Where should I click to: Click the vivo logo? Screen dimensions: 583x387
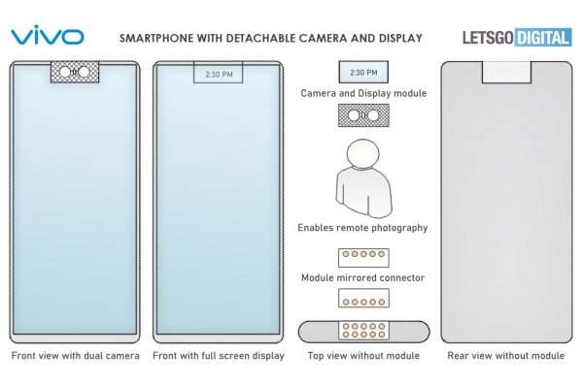[48, 35]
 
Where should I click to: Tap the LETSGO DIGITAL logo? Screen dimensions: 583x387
[517, 38]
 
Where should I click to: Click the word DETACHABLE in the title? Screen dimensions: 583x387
[260, 38]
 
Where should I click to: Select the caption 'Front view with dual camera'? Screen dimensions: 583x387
[76, 355]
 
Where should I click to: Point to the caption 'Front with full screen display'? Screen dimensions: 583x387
[219, 355]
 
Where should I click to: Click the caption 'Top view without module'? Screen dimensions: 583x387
[363, 355]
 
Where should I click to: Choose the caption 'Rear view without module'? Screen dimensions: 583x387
[506, 355]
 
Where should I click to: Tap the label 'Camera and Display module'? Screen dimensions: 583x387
[363, 93]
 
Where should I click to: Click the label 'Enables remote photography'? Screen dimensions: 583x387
[362, 228]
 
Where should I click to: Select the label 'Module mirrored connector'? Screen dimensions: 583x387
[362, 277]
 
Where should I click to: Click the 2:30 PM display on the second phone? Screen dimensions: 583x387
[219, 73]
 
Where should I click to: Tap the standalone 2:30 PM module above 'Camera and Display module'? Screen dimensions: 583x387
[363, 72]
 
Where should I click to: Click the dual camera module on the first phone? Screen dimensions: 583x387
[75, 72]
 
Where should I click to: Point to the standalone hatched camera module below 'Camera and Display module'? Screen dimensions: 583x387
[363, 115]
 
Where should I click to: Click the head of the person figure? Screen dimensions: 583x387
[363, 153]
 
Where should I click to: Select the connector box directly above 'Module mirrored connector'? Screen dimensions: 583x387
[363, 258]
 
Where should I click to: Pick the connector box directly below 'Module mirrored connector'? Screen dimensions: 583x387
[363, 299]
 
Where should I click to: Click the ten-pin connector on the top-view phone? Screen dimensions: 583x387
[363, 330]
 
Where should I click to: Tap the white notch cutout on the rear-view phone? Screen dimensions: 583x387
[506, 73]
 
